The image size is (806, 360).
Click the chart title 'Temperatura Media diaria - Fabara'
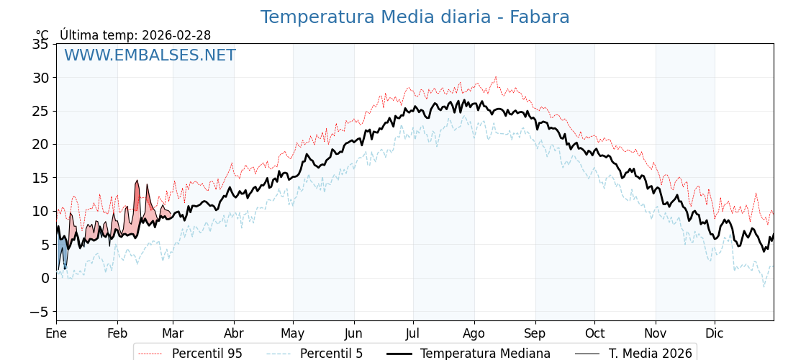pos(415,17)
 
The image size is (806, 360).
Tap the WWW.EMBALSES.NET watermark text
pos(150,55)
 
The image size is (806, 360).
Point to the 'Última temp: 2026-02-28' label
pos(135,35)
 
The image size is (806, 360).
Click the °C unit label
pos(42,35)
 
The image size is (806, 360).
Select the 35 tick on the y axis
pos(40,45)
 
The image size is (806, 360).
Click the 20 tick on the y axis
pos(40,144)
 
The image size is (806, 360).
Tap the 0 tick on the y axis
pos(45,278)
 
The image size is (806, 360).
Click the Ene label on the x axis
pos(56,334)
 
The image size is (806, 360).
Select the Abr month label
pos(234,334)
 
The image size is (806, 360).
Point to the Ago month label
pos(474,334)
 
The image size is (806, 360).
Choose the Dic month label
pos(715,334)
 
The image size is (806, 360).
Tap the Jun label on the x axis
pos(353,334)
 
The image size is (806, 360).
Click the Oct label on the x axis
pos(594,334)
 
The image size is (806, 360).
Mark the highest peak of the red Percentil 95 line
pos(495,77)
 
